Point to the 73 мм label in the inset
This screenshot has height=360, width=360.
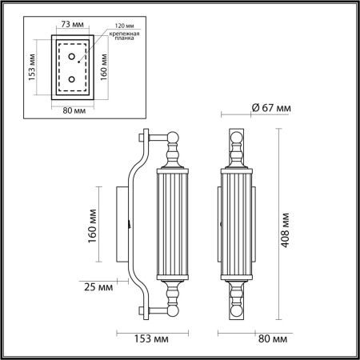[x=73, y=25]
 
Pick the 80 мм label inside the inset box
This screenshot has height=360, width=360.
[x=74, y=110]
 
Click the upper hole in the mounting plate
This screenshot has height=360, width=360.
[x=72, y=57]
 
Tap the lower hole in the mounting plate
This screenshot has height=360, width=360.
[x=72, y=78]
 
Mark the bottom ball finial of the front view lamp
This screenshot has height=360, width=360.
[x=236, y=309]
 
